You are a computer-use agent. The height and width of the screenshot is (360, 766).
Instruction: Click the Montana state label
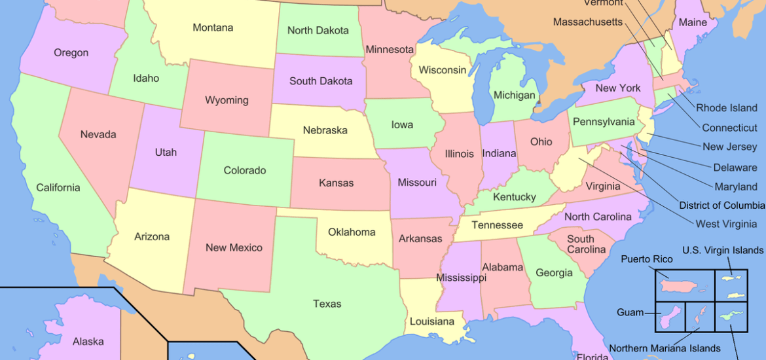tap(213, 28)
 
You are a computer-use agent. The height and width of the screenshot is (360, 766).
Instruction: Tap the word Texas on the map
tap(327, 304)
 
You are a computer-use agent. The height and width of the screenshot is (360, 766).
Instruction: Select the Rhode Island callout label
tap(726, 108)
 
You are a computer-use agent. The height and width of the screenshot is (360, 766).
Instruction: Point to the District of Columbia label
tap(721, 206)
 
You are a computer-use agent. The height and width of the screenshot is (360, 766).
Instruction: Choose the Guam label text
tap(630, 313)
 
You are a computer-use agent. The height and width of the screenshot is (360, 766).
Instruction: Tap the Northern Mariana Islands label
tap(665, 348)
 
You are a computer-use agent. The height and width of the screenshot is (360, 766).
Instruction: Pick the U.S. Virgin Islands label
tap(722, 250)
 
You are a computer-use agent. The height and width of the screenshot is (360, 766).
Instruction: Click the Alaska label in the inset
tap(88, 341)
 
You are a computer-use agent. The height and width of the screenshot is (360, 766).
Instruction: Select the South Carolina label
tap(581, 244)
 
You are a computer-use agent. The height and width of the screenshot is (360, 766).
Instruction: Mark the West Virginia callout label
tap(725, 224)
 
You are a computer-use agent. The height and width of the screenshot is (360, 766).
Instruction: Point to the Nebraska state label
tap(325, 130)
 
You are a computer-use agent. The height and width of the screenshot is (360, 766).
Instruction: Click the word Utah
tap(166, 152)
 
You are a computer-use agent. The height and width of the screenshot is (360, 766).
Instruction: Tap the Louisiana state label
tap(431, 321)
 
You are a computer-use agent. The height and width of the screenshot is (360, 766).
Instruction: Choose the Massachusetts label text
tap(587, 22)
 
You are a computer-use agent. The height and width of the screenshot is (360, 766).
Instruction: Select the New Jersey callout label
tap(729, 147)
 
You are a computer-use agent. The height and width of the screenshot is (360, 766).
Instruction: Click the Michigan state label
tap(514, 96)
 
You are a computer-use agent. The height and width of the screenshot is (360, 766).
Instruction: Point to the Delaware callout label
tap(735, 168)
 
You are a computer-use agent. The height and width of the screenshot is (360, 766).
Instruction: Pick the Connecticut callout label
tap(729, 128)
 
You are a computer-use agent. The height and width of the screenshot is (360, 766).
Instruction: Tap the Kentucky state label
tap(515, 197)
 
